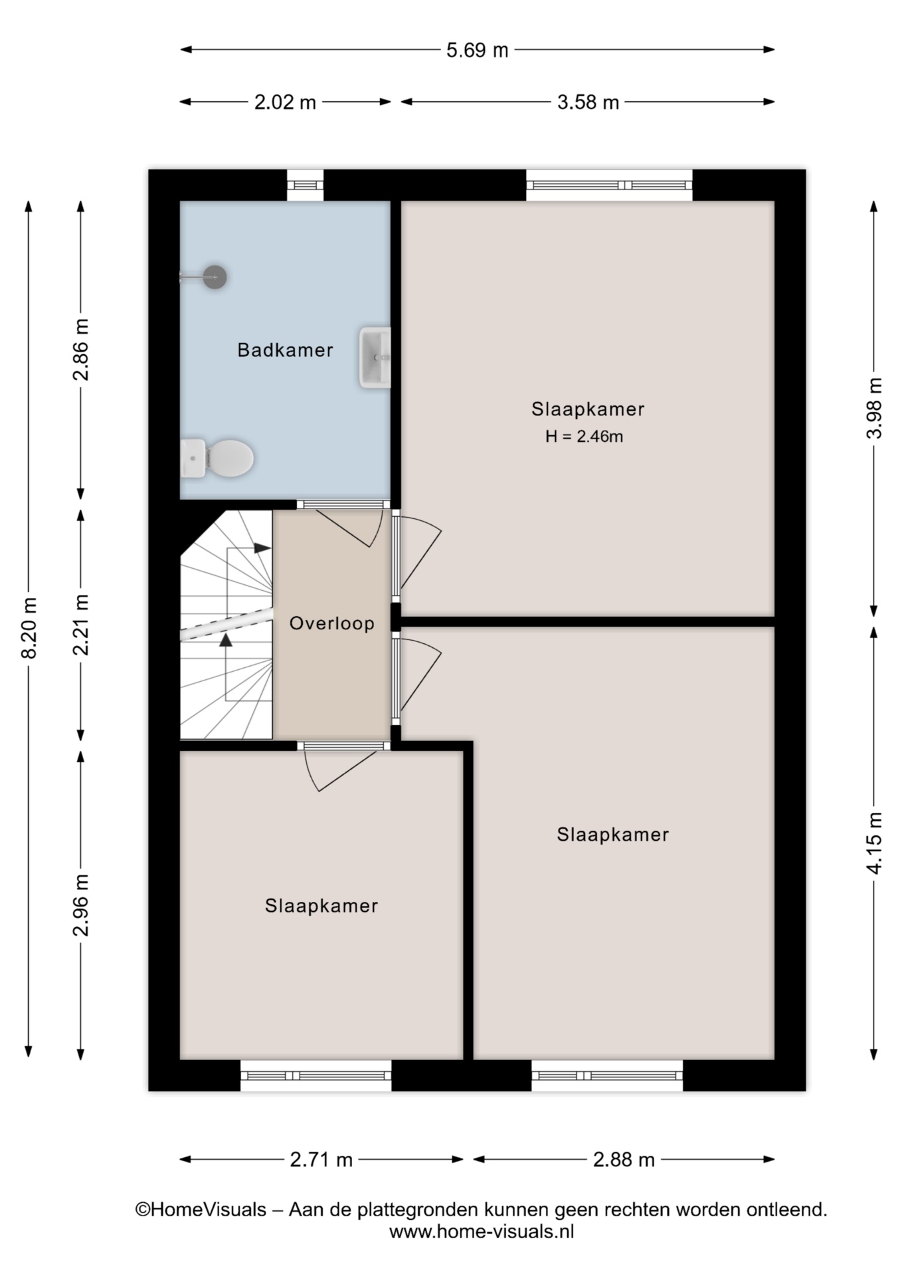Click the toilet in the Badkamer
pyautogui.click(x=217, y=458)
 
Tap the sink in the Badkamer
pyautogui.click(x=375, y=358)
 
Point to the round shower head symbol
pyautogui.click(x=215, y=276)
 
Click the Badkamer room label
pyautogui.click(x=286, y=350)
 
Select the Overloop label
pyautogui.click(x=332, y=623)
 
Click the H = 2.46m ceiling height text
pyautogui.click(x=585, y=437)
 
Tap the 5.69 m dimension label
pyautogui.click(x=477, y=50)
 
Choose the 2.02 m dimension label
pyautogui.click(x=285, y=102)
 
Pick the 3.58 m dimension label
pyautogui.click(x=588, y=102)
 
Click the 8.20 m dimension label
pyautogui.click(x=29, y=628)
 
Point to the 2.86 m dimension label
pyautogui.click(x=81, y=350)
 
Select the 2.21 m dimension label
pyautogui.click(x=81, y=625)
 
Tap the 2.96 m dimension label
pyautogui.click(x=81, y=905)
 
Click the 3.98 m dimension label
pyautogui.click(x=875, y=408)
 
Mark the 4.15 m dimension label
pyautogui.click(x=875, y=843)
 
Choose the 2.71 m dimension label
pyautogui.click(x=321, y=1160)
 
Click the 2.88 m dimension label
pyautogui.click(x=624, y=1160)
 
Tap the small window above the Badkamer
pyautogui.click(x=306, y=185)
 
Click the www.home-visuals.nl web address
pyautogui.click(x=482, y=1231)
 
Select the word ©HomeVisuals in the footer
pyautogui.click(x=201, y=1210)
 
